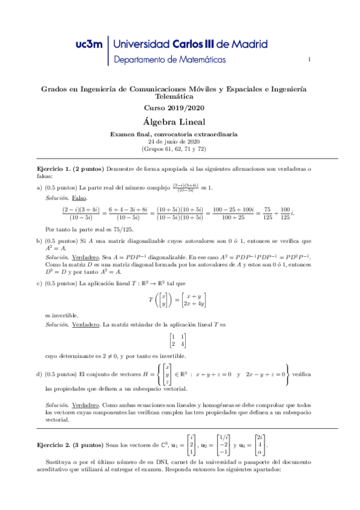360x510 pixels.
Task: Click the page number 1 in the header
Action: click(x=309, y=60)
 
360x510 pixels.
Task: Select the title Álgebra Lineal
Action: click(x=180, y=121)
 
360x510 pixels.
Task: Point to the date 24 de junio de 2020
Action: click(x=180, y=141)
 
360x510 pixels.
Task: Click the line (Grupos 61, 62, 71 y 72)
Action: click(x=180, y=149)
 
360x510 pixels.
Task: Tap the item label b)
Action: click(x=40, y=241)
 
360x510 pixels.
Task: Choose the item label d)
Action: click(x=40, y=374)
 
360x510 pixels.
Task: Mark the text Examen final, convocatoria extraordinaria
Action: click(x=180, y=134)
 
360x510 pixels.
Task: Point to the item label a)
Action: click(x=40, y=187)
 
